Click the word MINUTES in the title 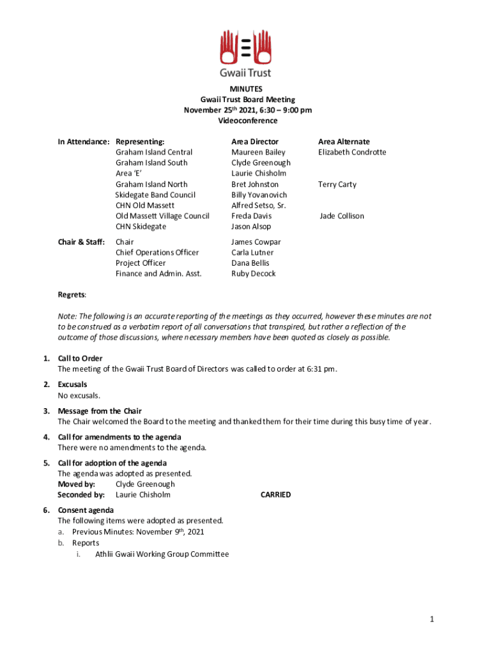coord(246,89)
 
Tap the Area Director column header coord(255,142)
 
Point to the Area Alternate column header coord(344,142)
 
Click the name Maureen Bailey coord(258,153)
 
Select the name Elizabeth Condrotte coord(352,153)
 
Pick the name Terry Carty coord(337,185)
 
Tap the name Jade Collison coord(342,216)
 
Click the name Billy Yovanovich coord(259,195)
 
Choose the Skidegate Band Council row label coord(155,195)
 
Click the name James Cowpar coord(256,242)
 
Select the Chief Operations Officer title coord(157,253)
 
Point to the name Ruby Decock coord(254,274)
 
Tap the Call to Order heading coord(80,358)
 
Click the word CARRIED coord(275,495)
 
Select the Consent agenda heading coord(86,510)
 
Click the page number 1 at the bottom coord(432,620)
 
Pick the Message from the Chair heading coord(100,411)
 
